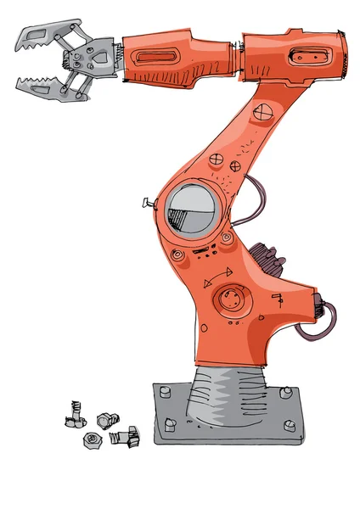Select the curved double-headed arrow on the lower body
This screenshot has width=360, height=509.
(218, 277)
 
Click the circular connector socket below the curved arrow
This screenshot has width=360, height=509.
(230, 299)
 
